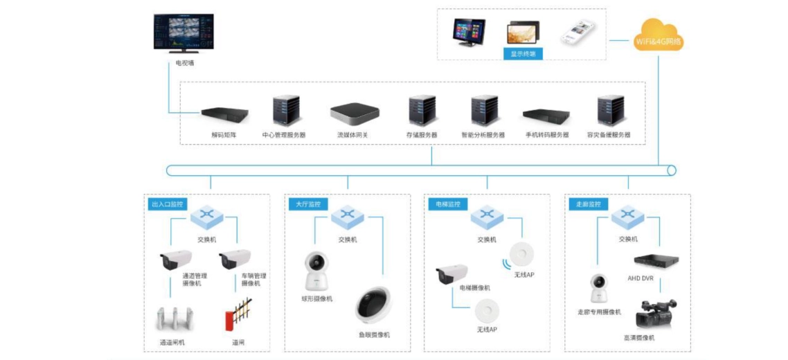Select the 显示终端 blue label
(x=523, y=53)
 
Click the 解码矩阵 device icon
(x=224, y=114)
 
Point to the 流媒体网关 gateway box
(x=355, y=114)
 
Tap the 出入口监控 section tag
(x=167, y=204)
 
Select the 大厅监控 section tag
(x=305, y=204)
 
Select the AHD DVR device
(x=656, y=262)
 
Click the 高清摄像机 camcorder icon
(x=655, y=316)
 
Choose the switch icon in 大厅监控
(x=348, y=217)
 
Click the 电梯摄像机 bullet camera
(x=451, y=273)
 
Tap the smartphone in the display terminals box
(x=577, y=31)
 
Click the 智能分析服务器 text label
(x=483, y=135)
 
